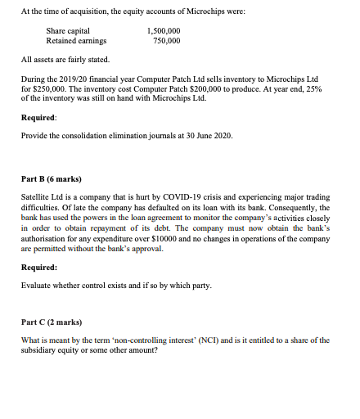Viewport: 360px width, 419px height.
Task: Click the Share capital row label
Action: tap(68, 30)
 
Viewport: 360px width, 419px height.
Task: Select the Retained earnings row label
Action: tap(74, 39)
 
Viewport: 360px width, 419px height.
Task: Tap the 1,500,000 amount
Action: tap(163, 30)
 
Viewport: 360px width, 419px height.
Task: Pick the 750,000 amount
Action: tap(167, 39)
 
